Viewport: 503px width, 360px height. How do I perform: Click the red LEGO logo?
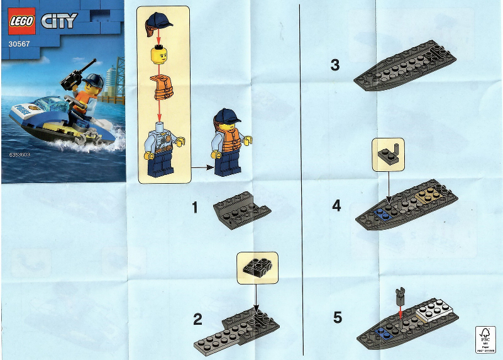pyautogui.click(x=21, y=21)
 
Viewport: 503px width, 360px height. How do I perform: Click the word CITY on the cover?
pyautogui.click(x=58, y=21)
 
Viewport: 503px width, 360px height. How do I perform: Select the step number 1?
pyautogui.click(x=195, y=207)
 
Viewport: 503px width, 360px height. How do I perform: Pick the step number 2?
pyautogui.click(x=197, y=319)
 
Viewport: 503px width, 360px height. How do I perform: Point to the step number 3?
pyautogui.click(x=336, y=64)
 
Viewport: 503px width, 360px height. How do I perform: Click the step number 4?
pyautogui.click(x=336, y=206)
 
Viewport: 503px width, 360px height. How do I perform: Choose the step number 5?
pyautogui.click(x=338, y=318)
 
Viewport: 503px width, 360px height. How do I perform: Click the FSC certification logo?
pyautogui.click(x=484, y=338)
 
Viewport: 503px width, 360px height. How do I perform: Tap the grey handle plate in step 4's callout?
pyautogui.click(x=388, y=153)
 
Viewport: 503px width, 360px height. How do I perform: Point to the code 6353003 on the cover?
pyautogui.click(x=19, y=154)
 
